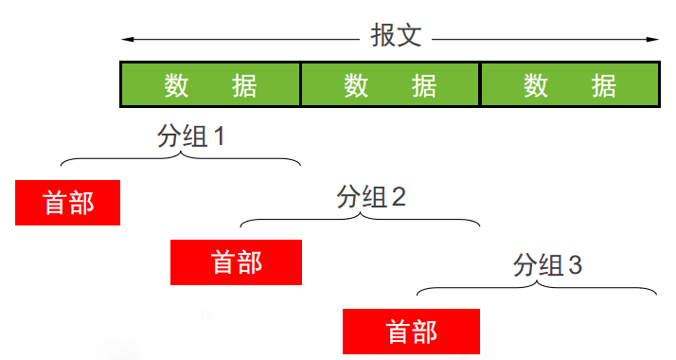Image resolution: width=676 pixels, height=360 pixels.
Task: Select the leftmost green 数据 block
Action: pyautogui.click(x=210, y=85)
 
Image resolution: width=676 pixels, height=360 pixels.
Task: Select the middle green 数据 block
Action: pyautogui.click(x=390, y=85)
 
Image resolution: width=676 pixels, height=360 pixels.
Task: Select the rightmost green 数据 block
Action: pyautogui.click(x=570, y=85)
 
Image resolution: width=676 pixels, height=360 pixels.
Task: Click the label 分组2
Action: pyautogui.click(x=371, y=198)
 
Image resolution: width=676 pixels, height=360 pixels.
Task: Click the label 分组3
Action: pyautogui.click(x=548, y=265)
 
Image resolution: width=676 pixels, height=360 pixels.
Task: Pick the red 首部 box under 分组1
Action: pyautogui.click(x=67, y=203)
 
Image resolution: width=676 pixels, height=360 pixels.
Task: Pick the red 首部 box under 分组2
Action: pyautogui.click(x=236, y=262)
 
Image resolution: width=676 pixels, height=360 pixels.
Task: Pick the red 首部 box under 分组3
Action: pyautogui.click(x=411, y=332)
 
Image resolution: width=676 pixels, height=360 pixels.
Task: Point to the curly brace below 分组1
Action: pyautogui.click(x=180, y=158)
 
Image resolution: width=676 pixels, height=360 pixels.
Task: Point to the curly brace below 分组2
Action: pyautogui.click(x=360, y=220)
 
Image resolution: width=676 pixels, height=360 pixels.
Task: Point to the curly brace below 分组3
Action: pyautogui.click(x=537, y=287)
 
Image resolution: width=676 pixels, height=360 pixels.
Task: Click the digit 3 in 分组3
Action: pyautogui.click(x=575, y=265)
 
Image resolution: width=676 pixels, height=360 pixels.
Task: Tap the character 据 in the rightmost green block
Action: pyautogui.click(x=604, y=85)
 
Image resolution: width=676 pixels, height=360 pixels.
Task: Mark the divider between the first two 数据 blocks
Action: pyautogui.click(x=300, y=85)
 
